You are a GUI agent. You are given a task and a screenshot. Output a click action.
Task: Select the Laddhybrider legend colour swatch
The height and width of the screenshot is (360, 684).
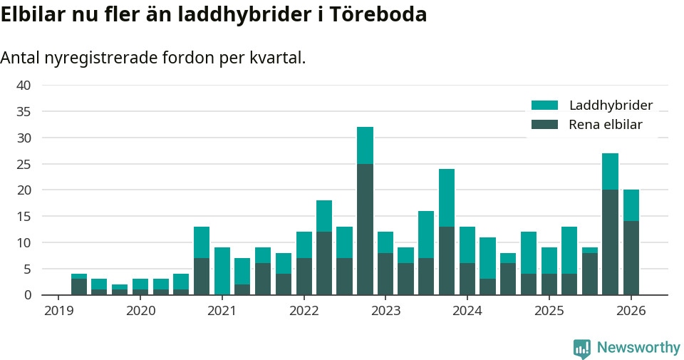point(544,106)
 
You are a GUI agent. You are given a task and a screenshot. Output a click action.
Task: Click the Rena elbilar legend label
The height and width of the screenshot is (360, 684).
point(606,125)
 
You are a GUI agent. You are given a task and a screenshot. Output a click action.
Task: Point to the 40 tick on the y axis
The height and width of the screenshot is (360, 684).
point(24,86)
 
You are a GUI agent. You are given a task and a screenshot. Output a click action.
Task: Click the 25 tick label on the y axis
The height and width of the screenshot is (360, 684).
point(24,164)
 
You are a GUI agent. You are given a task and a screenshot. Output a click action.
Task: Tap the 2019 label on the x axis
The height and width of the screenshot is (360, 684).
point(59,311)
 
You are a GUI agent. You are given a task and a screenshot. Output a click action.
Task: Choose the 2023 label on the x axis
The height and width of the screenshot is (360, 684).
point(385,311)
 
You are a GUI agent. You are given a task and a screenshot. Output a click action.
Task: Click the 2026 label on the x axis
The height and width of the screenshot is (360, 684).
point(631,311)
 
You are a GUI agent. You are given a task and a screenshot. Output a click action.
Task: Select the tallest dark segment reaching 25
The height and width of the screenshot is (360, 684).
point(365,229)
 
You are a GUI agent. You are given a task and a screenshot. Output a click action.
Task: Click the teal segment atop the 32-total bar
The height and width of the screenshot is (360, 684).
point(365,145)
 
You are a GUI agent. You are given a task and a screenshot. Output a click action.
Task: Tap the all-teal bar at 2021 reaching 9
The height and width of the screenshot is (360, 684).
point(222,271)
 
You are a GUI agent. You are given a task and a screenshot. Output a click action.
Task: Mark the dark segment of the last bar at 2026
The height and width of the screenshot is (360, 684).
point(631,258)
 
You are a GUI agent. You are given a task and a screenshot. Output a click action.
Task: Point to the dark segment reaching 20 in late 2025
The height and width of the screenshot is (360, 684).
point(610,242)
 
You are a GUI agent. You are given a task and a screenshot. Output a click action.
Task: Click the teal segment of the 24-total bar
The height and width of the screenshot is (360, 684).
point(447,197)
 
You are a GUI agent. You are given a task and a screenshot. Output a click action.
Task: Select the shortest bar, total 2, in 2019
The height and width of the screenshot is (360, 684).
point(120,289)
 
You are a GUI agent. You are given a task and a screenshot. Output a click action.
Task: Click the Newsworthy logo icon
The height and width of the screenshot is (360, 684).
point(582,348)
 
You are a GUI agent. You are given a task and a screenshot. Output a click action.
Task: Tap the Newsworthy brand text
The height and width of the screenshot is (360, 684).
point(638,348)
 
